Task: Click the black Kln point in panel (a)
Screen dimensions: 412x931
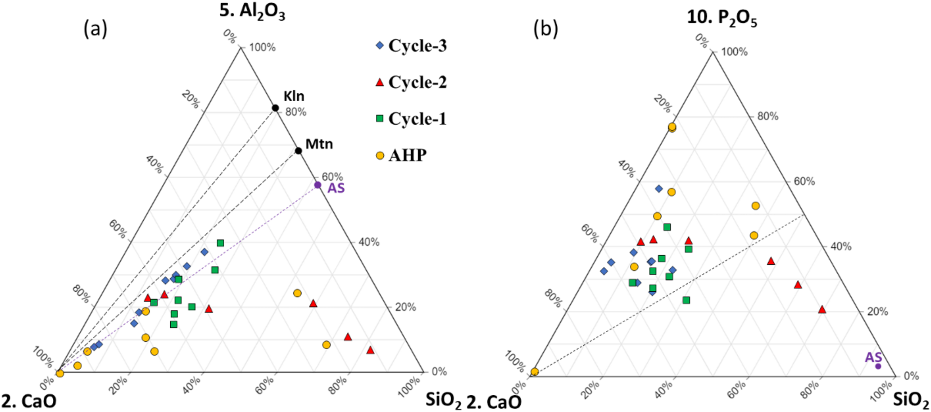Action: [275, 108]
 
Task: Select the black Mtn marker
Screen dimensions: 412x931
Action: [299, 151]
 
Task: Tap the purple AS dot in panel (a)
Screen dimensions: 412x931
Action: [318, 185]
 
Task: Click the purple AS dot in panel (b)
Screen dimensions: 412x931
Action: [878, 366]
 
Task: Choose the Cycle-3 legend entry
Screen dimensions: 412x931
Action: [411, 45]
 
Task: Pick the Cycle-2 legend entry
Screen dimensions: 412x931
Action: [411, 82]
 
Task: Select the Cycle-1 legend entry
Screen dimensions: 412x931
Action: [411, 119]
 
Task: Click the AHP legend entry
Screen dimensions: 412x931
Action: [402, 155]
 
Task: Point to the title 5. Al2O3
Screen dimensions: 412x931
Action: [252, 11]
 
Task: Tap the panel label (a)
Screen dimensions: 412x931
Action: [95, 29]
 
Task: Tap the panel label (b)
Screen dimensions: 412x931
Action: [546, 29]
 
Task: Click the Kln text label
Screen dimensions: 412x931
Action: [294, 96]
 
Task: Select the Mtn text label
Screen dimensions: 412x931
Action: [319, 144]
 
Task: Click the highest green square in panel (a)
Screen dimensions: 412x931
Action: [220, 243]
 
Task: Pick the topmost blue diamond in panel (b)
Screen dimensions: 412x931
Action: [659, 188]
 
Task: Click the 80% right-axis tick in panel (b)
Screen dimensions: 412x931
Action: [767, 116]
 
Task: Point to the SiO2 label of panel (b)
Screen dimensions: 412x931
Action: [911, 400]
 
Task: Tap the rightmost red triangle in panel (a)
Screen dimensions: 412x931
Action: [370, 350]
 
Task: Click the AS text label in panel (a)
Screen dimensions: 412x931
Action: [336, 188]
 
